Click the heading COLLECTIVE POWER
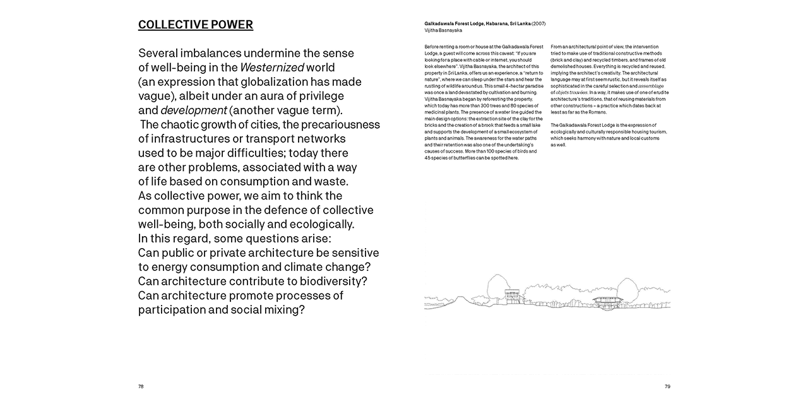(x=196, y=25)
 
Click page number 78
(x=141, y=386)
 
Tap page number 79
(x=667, y=386)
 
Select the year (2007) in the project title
(x=538, y=23)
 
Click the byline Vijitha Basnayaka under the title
(x=443, y=30)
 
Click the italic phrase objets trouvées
(x=571, y=92)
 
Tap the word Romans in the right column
(x=598, y=112)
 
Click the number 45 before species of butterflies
(x=427, y=158)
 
